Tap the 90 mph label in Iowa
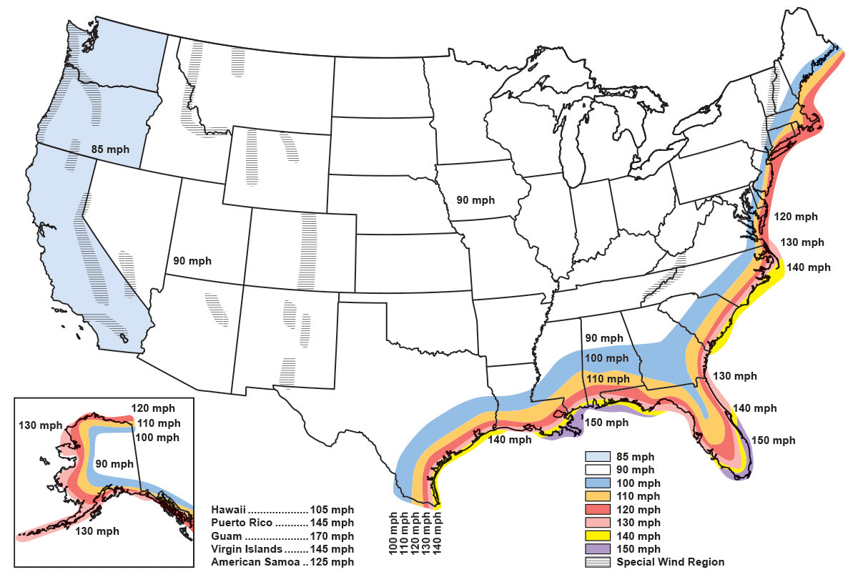[475, 199]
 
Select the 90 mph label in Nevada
[192, 261]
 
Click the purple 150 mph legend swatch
[598, 549]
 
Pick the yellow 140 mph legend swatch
[598, 536]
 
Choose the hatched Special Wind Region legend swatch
[598, 563]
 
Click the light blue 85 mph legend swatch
[598, 456]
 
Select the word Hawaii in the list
[229, 510]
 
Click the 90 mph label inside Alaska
[115, 463]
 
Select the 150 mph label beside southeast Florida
[773, 440]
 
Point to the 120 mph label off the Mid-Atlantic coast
[795, 217]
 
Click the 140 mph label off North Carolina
[809, 267]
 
